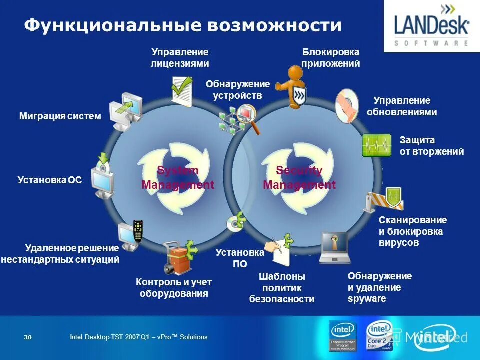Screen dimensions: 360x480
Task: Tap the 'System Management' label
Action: (178, 178)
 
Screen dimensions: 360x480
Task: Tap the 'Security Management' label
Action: (299, 178)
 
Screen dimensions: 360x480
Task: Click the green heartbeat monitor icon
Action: (376, 145)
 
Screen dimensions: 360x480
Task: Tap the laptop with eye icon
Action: (334, 247)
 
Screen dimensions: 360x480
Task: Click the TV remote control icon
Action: (137, 231)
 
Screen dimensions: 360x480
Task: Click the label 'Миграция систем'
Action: (60, 116)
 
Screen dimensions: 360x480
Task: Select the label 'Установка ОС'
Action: (49, 179)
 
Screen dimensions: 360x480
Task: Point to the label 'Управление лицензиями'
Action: (180, 58)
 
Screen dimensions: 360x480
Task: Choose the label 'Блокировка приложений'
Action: (331, 58)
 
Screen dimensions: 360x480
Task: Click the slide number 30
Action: (28, 337)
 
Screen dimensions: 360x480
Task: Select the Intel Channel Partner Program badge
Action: (343, 335)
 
